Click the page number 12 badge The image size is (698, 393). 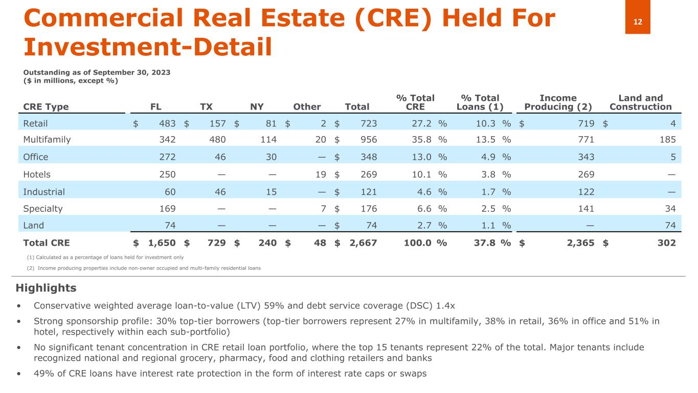tap(638, 21)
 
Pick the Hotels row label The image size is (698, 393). tap(37, 174)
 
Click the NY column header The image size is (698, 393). tap(257, 107)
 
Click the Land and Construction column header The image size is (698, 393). tap(640, 102)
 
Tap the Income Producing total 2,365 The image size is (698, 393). tap(579, 243)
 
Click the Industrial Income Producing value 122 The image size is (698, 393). tap(586, 192)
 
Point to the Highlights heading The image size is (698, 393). tap(46, 288)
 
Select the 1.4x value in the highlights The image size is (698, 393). tap(444, 306)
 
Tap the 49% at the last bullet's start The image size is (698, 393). tap(42, 374)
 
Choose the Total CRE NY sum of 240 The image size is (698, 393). tap(266, 243)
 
